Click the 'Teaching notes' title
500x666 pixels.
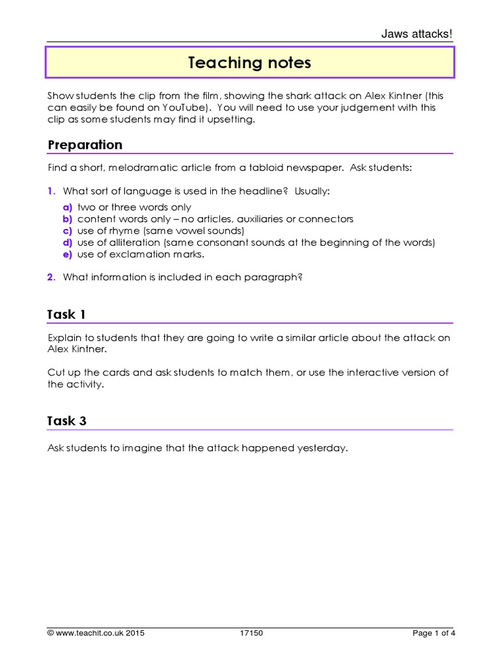(x=249, y=62)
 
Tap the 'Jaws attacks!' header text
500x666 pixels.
(x=417, y=34)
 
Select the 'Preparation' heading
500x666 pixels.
(x=85, y=144)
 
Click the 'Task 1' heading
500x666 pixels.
(x=66, y=315)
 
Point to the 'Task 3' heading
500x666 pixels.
(x=66, y=421)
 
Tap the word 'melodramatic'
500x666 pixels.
(x=141, y=168)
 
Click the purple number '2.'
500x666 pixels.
(x=51, y=277)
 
